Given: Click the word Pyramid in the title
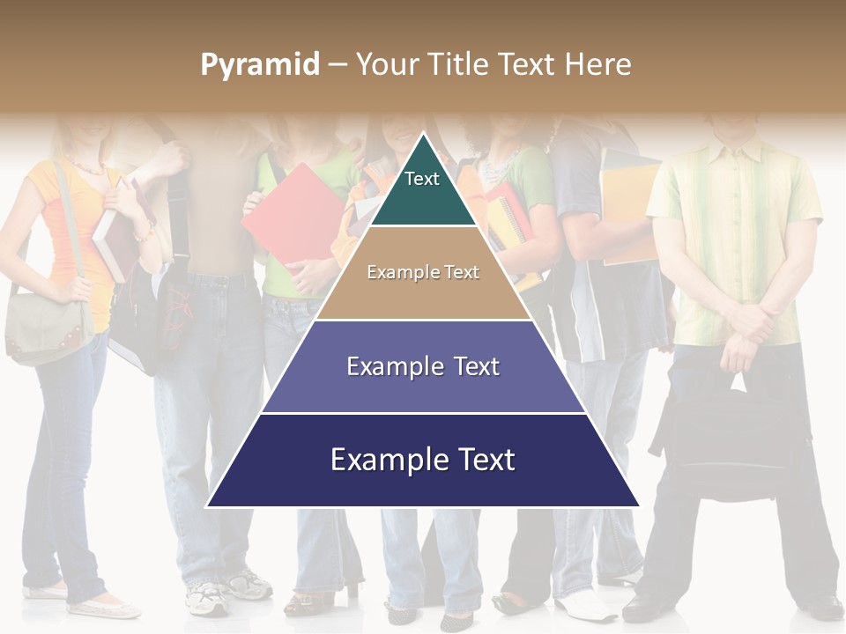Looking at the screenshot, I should coord(260,65).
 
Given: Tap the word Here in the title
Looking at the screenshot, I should coord(598,64).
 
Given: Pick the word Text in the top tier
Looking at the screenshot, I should coord(422,179).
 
